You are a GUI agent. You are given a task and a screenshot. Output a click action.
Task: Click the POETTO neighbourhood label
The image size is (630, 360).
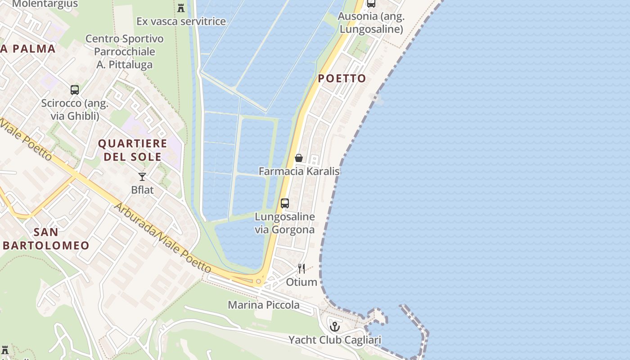click(x=342, y=79)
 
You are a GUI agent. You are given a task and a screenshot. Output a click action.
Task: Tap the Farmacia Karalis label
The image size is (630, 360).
click(x=299, y=171)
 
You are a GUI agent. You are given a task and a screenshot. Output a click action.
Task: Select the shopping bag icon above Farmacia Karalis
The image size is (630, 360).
click(x=298, y=158)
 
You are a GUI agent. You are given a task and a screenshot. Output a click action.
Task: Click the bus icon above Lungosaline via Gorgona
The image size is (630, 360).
click(x=285, y=203)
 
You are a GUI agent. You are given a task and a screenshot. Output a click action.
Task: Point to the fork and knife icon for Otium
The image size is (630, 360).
click(x=301, y=269)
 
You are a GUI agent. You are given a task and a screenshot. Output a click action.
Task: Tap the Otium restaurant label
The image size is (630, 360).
click(x=301, y=282)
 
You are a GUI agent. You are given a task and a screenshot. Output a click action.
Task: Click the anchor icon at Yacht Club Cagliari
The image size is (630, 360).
click(x=334, y=326)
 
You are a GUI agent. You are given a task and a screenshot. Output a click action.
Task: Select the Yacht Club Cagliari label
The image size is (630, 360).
click(x=334, y=340)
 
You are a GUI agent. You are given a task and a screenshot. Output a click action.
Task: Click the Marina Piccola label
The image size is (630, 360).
click(x=263, y=305)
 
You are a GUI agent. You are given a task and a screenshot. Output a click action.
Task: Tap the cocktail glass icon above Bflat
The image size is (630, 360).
click(x=142, y=177)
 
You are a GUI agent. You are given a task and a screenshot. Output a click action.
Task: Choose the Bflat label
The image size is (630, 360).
click(x=142, y=190)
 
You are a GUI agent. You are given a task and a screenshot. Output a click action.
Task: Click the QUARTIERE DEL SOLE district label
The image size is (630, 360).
click(x=132, y=150)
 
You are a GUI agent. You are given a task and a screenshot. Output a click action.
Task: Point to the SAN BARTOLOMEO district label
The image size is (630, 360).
click(x=46, y=239)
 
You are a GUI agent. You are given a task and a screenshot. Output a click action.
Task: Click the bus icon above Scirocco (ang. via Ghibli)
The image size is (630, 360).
click(x=75, y=90)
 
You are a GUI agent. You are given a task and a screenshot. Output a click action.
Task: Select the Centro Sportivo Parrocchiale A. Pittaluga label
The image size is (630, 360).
click(x=125, y=52)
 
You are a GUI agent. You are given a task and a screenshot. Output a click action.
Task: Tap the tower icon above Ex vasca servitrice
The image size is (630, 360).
click(x=181, y=8)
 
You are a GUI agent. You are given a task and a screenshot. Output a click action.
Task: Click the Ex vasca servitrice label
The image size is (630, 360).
click(x=181, y=21)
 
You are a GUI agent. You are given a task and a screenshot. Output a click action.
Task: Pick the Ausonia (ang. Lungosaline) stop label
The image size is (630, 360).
click(x=371, y=23)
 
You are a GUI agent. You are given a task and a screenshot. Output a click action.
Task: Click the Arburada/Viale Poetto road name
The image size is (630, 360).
click(x=162, y=238)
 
